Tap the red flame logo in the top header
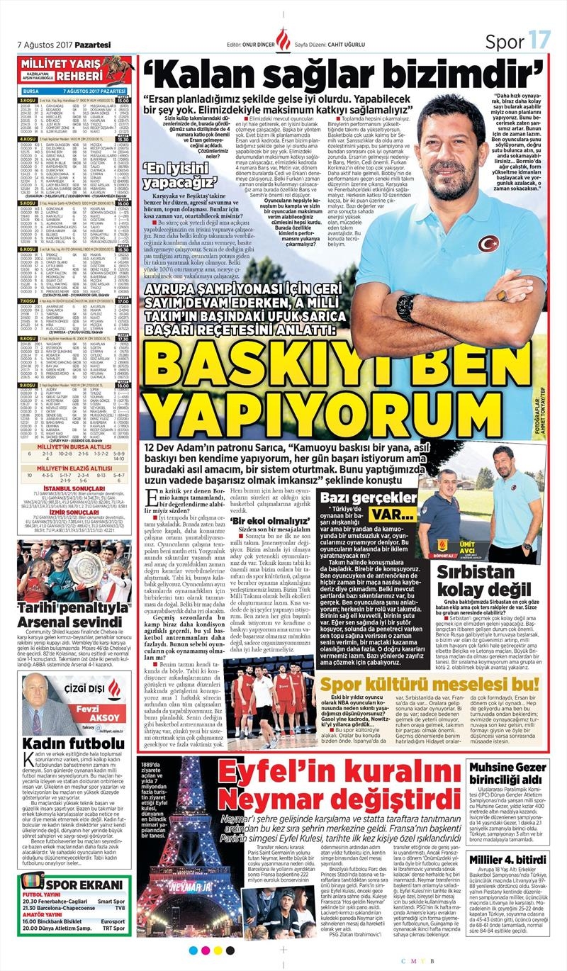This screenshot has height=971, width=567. coord(283,40)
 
